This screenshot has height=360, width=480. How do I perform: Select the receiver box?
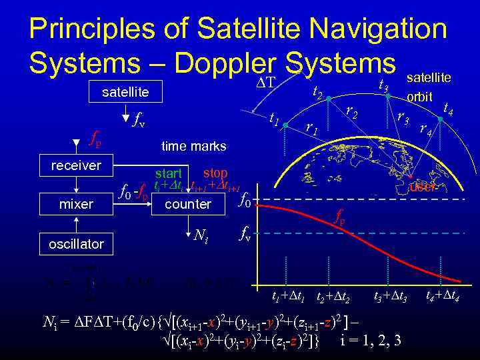coord(76,165)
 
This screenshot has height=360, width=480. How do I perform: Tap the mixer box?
coord(76,204)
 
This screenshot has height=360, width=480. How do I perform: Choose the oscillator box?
coord(76,244)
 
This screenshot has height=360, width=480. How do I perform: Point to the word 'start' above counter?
coord(169,174)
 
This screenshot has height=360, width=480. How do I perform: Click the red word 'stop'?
coord(215,173)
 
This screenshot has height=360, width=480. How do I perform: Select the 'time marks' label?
coord(194,146)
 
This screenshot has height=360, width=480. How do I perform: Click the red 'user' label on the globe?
coord(422,188)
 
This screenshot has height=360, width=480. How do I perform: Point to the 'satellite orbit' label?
coord(429,87)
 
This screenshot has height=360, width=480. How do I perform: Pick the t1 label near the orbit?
coord(273,118)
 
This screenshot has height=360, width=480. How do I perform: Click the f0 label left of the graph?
coord(245,199)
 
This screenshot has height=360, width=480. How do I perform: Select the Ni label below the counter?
coord(204,235)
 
